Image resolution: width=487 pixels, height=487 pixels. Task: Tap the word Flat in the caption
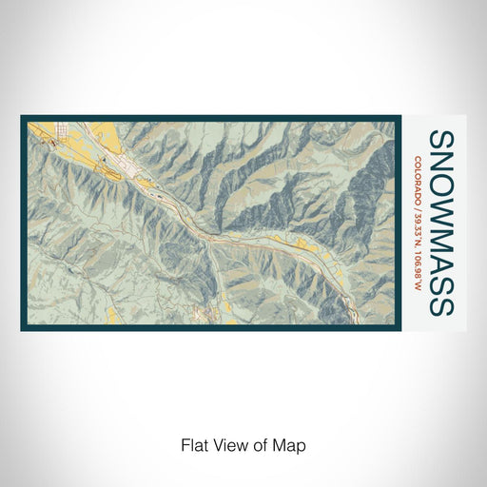coord(193,444)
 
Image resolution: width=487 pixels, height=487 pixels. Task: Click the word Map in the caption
coord(292,444)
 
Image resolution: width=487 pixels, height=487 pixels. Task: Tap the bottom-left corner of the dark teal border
coord(23,328)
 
